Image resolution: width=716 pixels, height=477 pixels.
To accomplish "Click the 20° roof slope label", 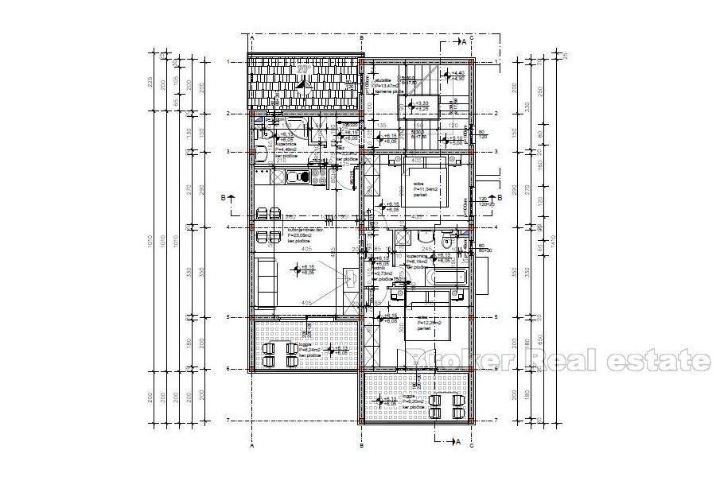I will coord(302,69).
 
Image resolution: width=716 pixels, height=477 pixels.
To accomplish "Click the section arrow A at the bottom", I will coord(458,440).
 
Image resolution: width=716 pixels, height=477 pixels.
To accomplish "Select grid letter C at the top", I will coord(472,37).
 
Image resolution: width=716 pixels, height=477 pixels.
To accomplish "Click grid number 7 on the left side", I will coord(228,420).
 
